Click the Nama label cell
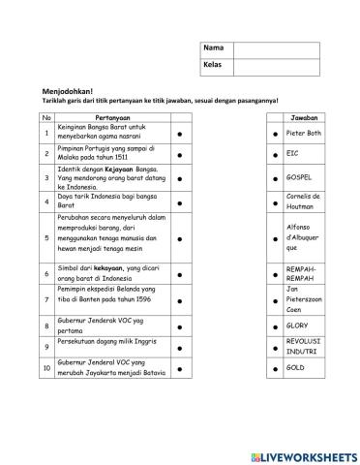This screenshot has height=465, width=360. [217, 48]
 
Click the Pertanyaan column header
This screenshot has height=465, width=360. [113, 117]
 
